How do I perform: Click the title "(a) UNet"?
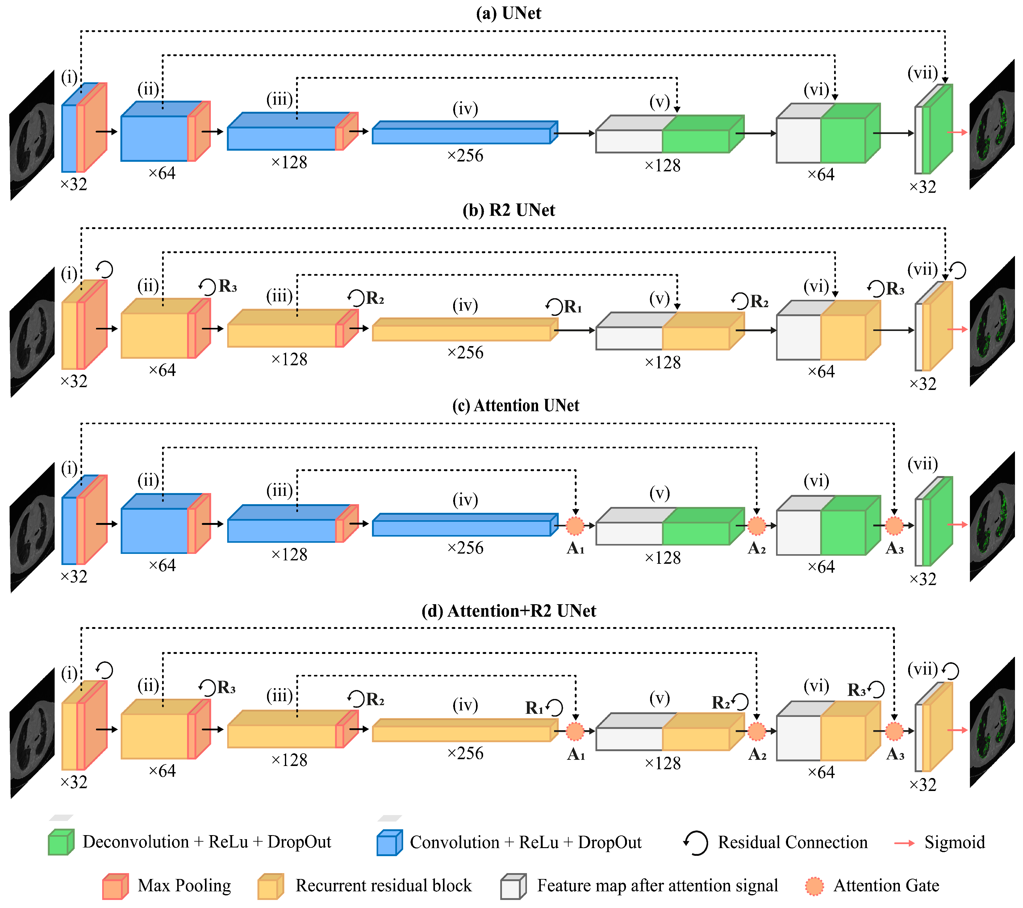[x=508, y=13]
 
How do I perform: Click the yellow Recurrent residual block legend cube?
[x=270, y=886]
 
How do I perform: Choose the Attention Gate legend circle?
[x=814, y=886]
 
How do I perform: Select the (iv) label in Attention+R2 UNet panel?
[x=465, y=705]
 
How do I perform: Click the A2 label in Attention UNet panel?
[x=757, y=549]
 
